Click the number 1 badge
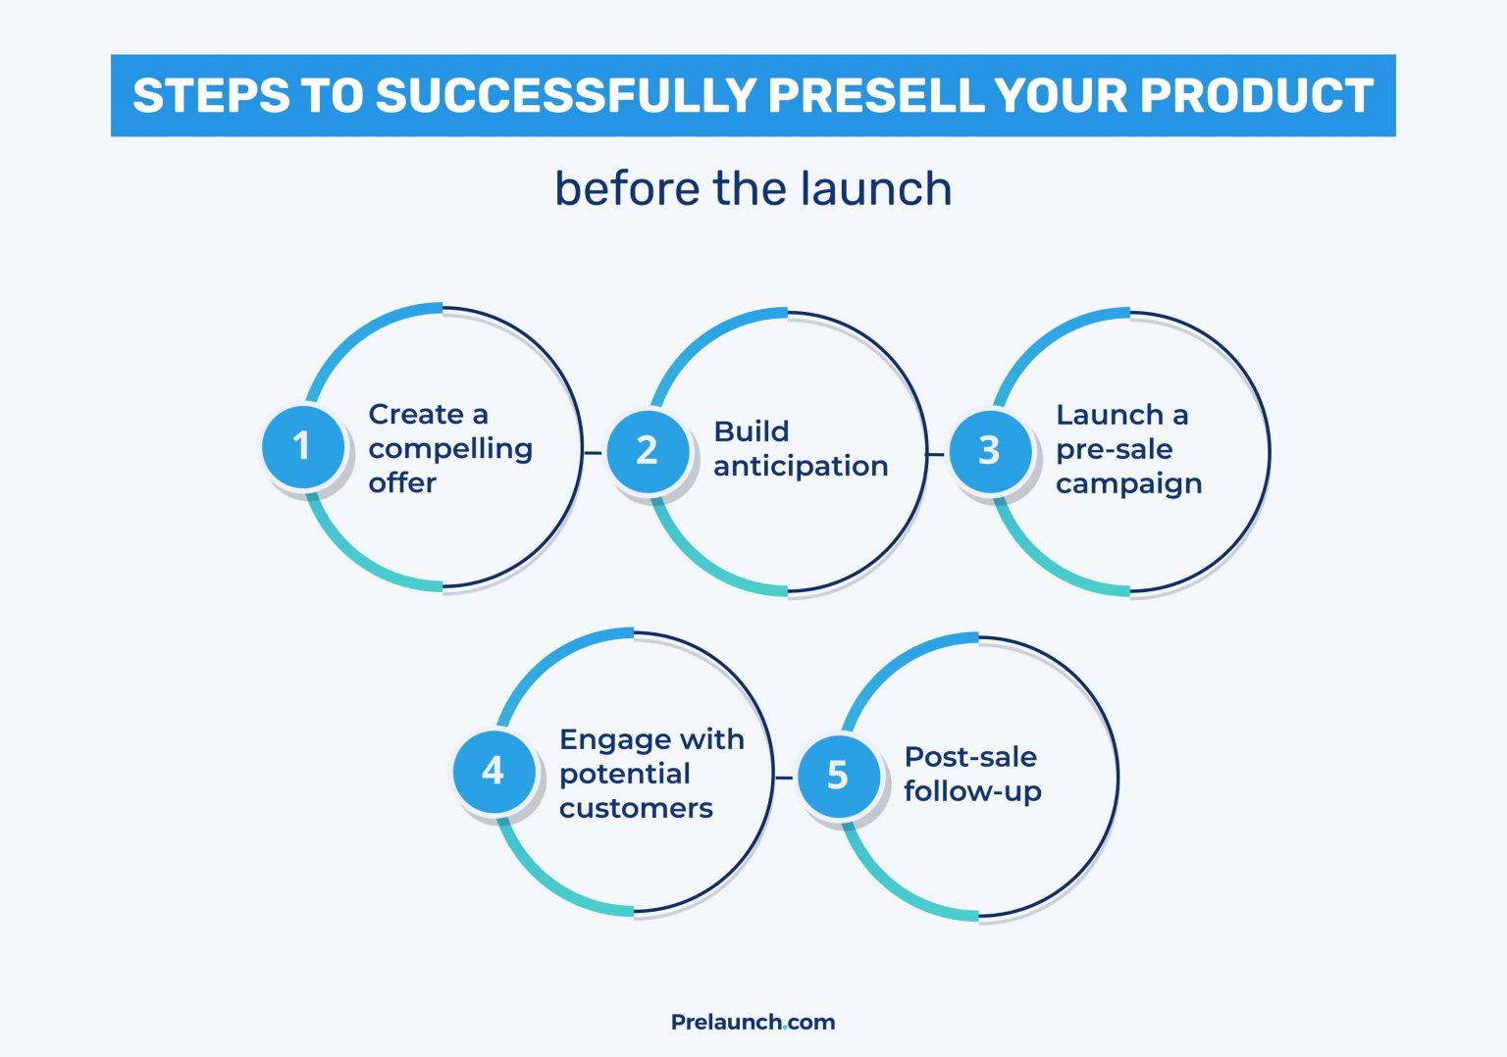(x=303, y=446)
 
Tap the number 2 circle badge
(x=648, y=450)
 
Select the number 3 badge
(x=990, y=450)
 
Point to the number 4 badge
(x=494, y=771)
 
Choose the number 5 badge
(x=838, y=775)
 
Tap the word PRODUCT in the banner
(x=1256, y=96)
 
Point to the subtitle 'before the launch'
(x=753, y=188)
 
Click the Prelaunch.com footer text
(x=753, y=1022)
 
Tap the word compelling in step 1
(x=450, y=449)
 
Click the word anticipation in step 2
(x=800, y=467)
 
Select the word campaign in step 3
(x=1128, y=484)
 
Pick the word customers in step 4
(x=636, y=808)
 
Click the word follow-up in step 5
(x=972, y=791)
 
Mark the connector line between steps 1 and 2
(x=593, y=453)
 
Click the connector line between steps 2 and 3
(x=935, y=454)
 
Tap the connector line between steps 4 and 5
(x=784, y=778)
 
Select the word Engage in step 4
(x=601, y=739)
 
